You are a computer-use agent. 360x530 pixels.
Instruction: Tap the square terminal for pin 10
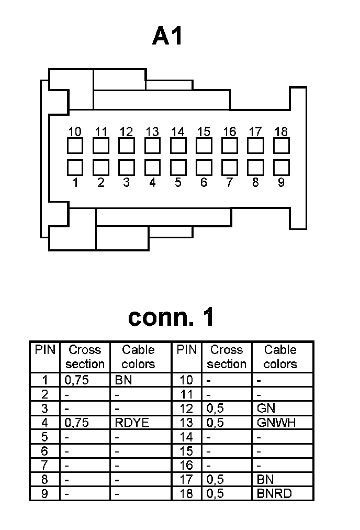(x=75, y=146)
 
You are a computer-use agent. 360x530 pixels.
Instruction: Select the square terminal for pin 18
(x=282, y=146)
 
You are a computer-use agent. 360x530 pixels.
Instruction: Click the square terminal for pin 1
(x=75, y=167)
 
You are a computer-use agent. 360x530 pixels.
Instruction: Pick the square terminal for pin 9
(x=282, y=167)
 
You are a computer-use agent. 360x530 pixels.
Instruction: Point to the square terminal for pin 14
(x=178, y=146)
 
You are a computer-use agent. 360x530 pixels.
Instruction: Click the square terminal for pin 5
(x=178, y=167)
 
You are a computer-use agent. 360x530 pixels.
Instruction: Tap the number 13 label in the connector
(x=152, y=131)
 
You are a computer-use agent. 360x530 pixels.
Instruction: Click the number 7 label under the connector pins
(x=229, y=183)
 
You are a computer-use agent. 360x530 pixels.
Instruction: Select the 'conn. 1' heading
(x=171, y=317)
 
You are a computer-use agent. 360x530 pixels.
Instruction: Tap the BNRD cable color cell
(x=274, y=493)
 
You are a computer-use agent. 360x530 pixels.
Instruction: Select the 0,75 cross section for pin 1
(x=76, y=380)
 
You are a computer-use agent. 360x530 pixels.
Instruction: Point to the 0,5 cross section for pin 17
(x=215, y=479)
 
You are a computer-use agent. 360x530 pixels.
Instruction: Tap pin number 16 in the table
(x=186, y=465)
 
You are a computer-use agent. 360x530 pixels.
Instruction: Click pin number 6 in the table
(x=44, y=451)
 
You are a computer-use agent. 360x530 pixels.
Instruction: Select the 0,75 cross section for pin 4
(x=76, y=423)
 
